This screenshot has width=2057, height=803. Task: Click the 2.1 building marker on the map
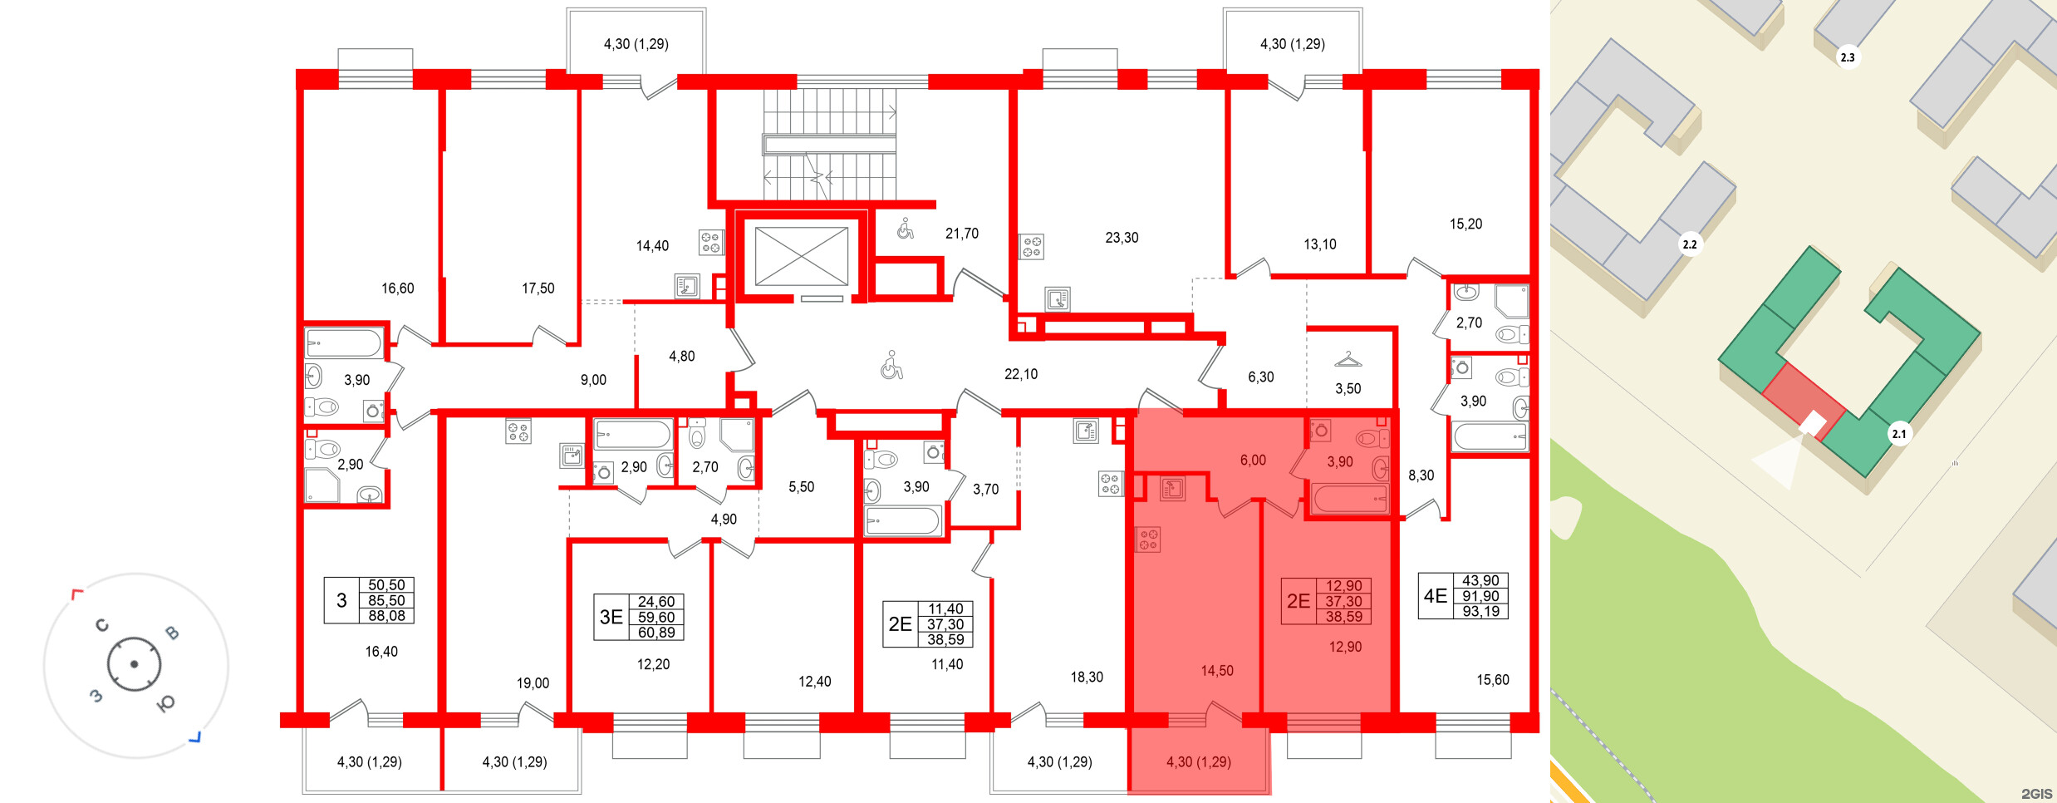point(1898,434)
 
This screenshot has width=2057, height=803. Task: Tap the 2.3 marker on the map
point(1847,57)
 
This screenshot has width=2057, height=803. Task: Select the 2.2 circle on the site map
point(1689,244)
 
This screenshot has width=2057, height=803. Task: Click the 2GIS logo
point(2036,794)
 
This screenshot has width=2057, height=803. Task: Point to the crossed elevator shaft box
point(801,256)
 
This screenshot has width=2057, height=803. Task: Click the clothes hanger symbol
point(1348,360)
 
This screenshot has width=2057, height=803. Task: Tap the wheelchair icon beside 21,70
point(906,229)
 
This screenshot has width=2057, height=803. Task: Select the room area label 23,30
point(1122,238)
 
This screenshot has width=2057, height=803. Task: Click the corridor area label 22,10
point(1021,374)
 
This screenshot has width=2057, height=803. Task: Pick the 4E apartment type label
point(1436,596)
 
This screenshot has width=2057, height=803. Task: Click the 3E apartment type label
point(611,617)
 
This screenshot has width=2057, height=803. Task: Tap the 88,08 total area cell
point(386,616)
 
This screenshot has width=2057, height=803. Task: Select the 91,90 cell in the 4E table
point(1480,596)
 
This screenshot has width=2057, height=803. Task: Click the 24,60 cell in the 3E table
point(655,602)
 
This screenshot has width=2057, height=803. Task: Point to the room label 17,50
point(538,288)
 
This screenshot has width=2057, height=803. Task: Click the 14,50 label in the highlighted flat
point(1217,671)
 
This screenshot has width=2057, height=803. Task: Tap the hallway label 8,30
point(1421,475)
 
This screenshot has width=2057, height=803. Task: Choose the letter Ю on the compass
point(166,704)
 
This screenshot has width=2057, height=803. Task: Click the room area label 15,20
point(1465,224)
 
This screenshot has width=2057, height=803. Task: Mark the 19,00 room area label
point(533,683)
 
